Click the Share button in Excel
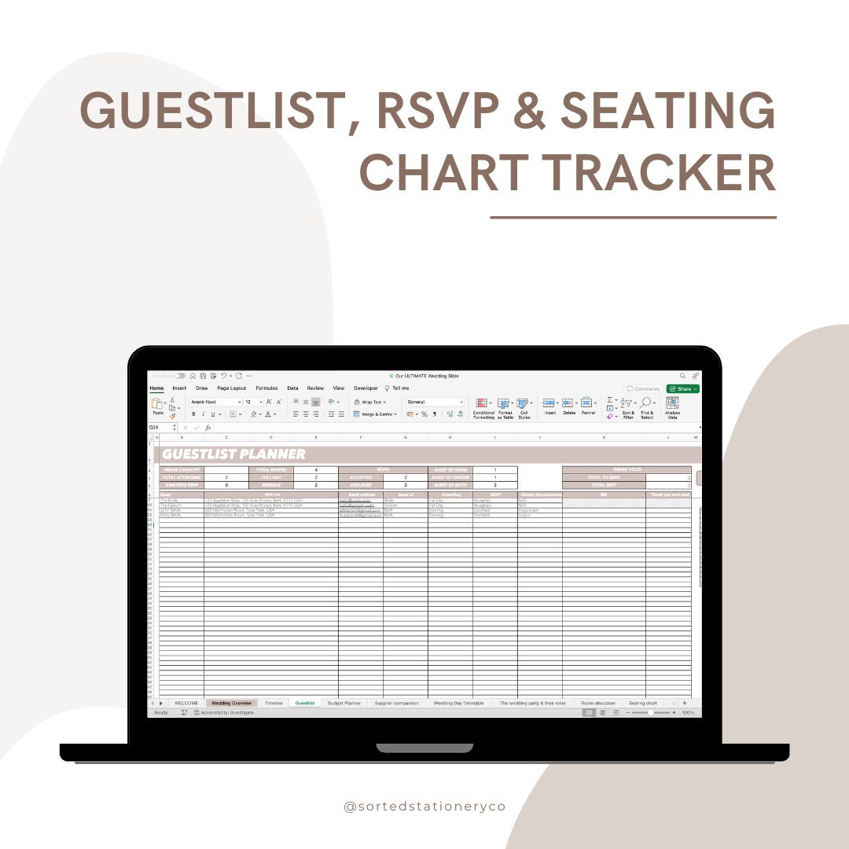[x=682, y=388]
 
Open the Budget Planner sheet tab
[x=344, y=703]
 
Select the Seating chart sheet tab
[x=642, y=703]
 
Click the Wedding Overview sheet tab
[x=231, y=703]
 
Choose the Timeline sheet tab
[x=274, y=703]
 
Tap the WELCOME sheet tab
[x=186, y=703]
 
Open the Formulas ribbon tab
[x=266, y=388]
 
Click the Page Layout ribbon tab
[x=232, y=388]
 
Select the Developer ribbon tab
[x=366, y=388]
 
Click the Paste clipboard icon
[x=157, y=404]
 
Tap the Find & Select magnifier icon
[x=647, y=403]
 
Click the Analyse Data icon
[x=672, y=403]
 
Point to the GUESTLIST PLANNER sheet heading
[x=233, y=454]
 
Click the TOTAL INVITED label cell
[x=271, y=469]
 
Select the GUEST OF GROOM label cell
[x=450, y=477]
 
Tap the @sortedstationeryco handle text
[x=424, y=807]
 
